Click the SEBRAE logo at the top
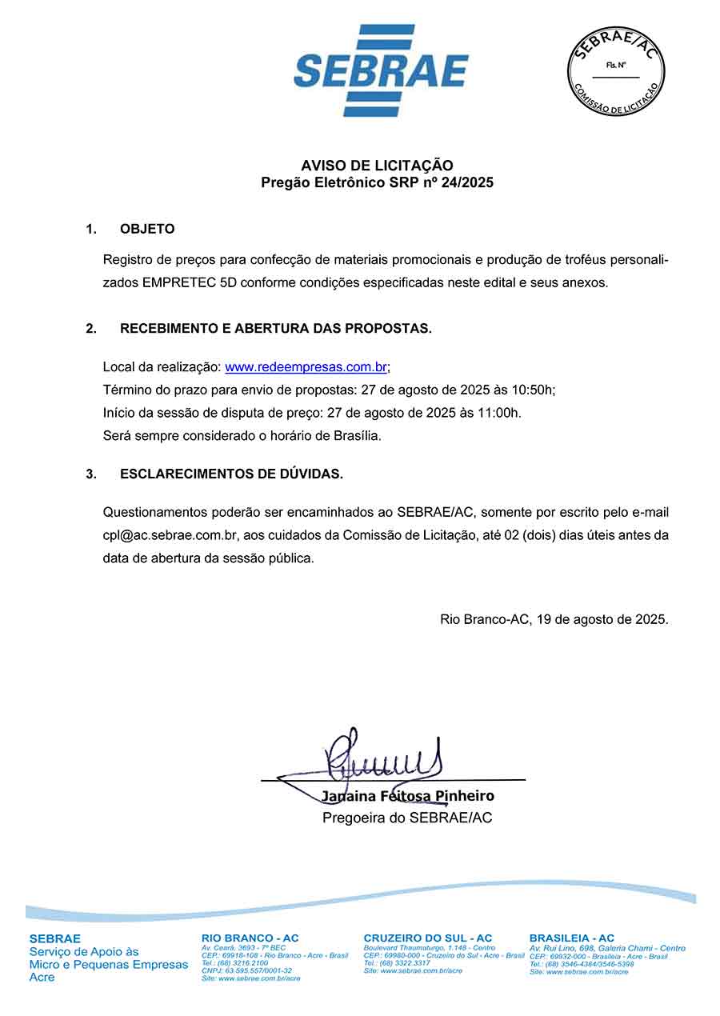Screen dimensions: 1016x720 [x=381, y=70]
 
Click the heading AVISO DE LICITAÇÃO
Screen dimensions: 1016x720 [x=377, y=166]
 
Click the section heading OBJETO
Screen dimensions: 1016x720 [x=147, y=229]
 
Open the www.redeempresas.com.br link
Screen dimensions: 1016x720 [x=306, y=367]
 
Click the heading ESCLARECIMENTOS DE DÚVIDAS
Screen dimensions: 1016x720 [x=231, y=474]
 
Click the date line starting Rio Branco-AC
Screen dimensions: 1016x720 [x=554, y=619]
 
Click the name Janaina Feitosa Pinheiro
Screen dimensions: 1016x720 [x=408, y=796]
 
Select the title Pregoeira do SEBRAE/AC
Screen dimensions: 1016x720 [x=407, y=818]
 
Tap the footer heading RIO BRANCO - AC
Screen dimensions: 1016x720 [x=250, y=938]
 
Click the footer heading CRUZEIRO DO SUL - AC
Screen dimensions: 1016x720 [x=428, y=938]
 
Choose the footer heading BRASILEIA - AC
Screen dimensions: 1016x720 [x=572, y=938]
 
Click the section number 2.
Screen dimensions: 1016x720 [x=91, y=329]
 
